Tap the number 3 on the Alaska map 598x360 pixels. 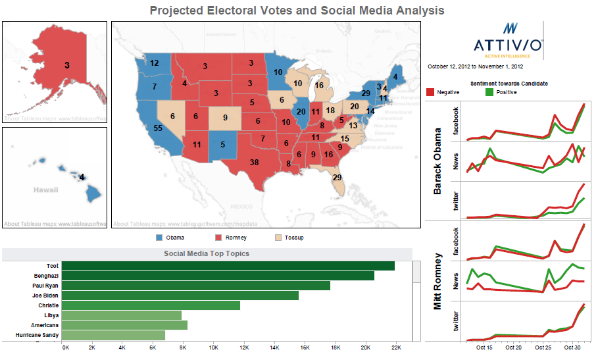67,64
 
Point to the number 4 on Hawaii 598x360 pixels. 82,177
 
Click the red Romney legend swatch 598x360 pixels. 220,238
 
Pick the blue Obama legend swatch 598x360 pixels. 159,238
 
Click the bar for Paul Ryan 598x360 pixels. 197,286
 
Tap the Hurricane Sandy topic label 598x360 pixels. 37,335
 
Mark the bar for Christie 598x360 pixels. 152,305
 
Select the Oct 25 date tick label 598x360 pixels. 543,347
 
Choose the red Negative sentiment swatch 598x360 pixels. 431,92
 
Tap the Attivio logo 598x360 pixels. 508,39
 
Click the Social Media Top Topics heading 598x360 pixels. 207,253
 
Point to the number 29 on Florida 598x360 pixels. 337,177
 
